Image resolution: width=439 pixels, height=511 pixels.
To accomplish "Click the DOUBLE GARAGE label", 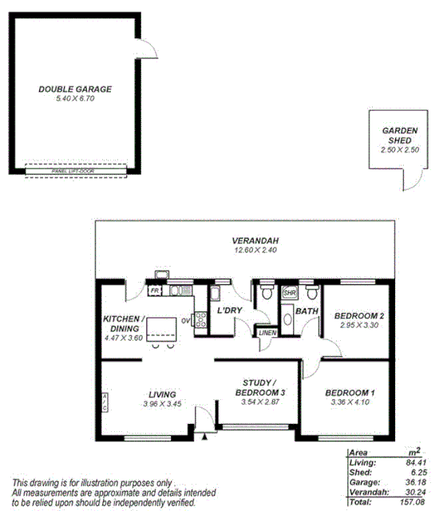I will pyautogui.click(x=75, y=89).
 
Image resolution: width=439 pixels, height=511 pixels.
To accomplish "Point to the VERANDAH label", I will pyautogui.click(x=255, y=241).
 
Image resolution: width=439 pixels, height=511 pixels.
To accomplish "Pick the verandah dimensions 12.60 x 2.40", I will pyautogui.click(x=255, y=250).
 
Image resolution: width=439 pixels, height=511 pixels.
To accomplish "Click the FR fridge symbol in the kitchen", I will pyautogui.click(x=155, y=291).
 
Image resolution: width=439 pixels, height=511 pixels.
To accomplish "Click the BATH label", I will pyautogui.click(x=307, y=311).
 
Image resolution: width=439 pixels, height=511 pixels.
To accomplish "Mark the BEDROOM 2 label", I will pyautogui.click(x=359, y=316).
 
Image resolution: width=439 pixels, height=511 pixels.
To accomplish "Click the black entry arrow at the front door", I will pyautogui.click(x=205, y=437).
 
